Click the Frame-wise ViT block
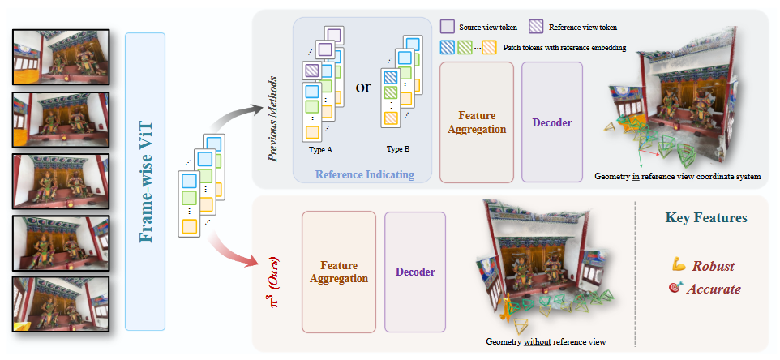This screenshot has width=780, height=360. click(x=145, y=182)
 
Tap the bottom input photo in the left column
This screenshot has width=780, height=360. click(x=60, y=304)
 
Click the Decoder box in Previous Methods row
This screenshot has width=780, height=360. click(x=551, y=122)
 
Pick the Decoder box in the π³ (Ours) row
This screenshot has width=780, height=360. click(x=415, y=272)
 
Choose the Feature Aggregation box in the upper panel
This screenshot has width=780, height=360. click(x=477, y=122)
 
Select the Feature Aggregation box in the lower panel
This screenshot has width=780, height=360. click(x=339, y=272)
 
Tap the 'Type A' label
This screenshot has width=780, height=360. click(x=320, y=148)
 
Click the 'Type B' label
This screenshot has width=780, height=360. click(x=397, y=148)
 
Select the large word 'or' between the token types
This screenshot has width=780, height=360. click(x=363, y=88)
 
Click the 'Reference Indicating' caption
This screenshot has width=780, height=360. click(x=365, y=174)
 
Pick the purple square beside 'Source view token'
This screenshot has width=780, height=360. click(x=448, y=27)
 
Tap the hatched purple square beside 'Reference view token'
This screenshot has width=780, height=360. click(x=536, y=27)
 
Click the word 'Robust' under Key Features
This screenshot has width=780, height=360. click(x=713, y=266)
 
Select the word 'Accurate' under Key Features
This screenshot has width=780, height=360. click(x=714, y=289)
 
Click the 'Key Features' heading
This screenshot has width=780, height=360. click(x=706, y=218)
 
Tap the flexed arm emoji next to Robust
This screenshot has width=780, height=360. click(x=679, y=265)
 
